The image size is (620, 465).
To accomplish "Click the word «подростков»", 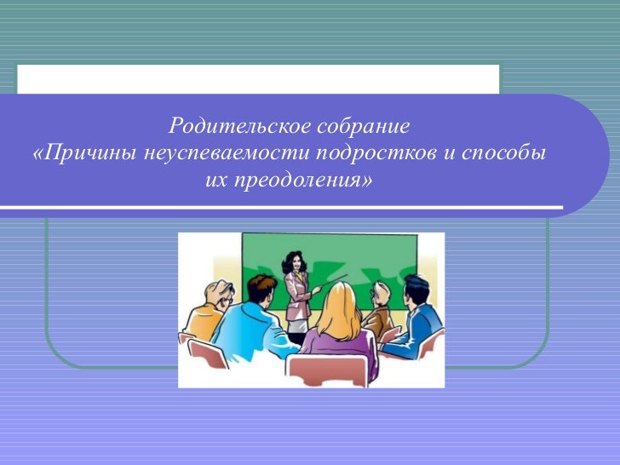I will (x=378, y=155).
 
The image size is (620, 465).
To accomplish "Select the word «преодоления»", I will (x=301, y=181).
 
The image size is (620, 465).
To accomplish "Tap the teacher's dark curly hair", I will (x=294, y=260).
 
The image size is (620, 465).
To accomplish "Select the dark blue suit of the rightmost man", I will (x=423, y=328).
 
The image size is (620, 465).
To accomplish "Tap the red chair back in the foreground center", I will (x=328, y=370).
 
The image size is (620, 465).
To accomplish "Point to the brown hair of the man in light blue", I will (x=261, y=285).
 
